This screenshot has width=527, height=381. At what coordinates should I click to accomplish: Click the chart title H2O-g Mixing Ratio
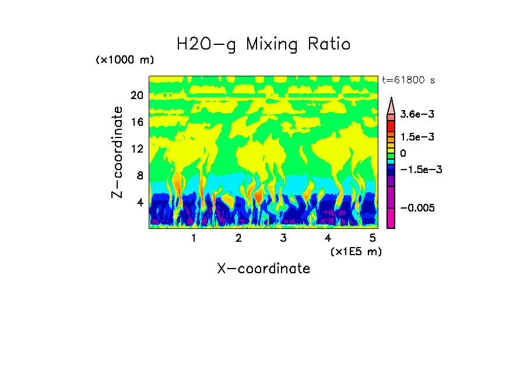[263, 44]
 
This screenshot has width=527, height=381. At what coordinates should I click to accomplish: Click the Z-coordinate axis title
[118, 152]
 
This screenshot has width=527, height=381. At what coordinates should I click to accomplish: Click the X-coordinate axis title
[263, 269]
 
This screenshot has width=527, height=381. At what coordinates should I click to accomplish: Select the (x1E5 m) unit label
[356, 251]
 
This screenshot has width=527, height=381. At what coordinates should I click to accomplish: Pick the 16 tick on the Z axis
[136, 122]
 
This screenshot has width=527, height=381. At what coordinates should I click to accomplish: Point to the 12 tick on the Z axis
[136, 149]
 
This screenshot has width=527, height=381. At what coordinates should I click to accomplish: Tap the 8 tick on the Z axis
[139, 175]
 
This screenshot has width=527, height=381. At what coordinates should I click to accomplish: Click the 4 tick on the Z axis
[139, 202]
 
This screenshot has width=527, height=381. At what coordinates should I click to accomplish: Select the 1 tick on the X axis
[194, 238]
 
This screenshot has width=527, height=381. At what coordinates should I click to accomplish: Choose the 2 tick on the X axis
[238, 238]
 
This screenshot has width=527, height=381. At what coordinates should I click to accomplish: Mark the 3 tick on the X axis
[283, 238]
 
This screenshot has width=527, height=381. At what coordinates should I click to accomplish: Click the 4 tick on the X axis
[328, 238]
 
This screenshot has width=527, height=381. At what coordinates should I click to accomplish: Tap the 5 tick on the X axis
[372, 238]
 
